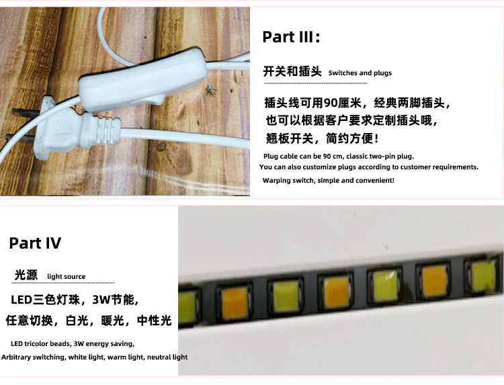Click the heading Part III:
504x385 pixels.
click(291, 37)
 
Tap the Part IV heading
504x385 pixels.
click(35, 243)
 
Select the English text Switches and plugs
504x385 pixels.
click(360, 73)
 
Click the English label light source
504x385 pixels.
click(67, 276)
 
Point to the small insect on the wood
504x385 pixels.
click(210, 90)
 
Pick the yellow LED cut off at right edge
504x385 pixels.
click(484, 275)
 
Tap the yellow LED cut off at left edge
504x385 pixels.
click(186, 308)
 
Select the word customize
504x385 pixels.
click(319, 167)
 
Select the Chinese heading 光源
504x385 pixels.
click(26, 275)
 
